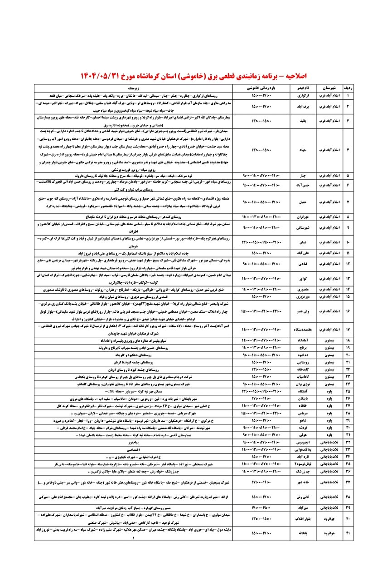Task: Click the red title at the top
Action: [194, 74]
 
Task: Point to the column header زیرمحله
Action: [135, 88]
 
